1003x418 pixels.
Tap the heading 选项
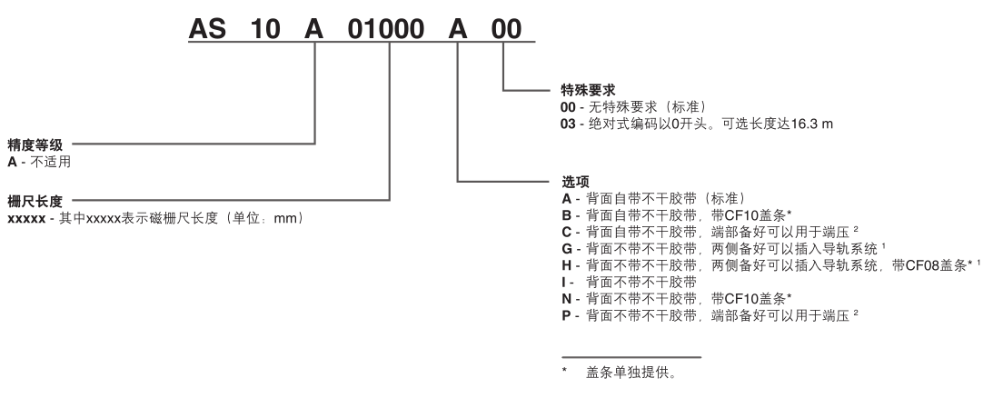click(x=575, y=182)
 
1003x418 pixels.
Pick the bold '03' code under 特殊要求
click(x=569, y=123)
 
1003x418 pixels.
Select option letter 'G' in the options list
click(x=568, y=248)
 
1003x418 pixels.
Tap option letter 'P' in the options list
click(x=567, y=313)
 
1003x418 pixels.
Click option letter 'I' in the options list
click(x=565, y=281)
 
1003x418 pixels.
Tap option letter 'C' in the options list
click(x=567, y=232)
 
